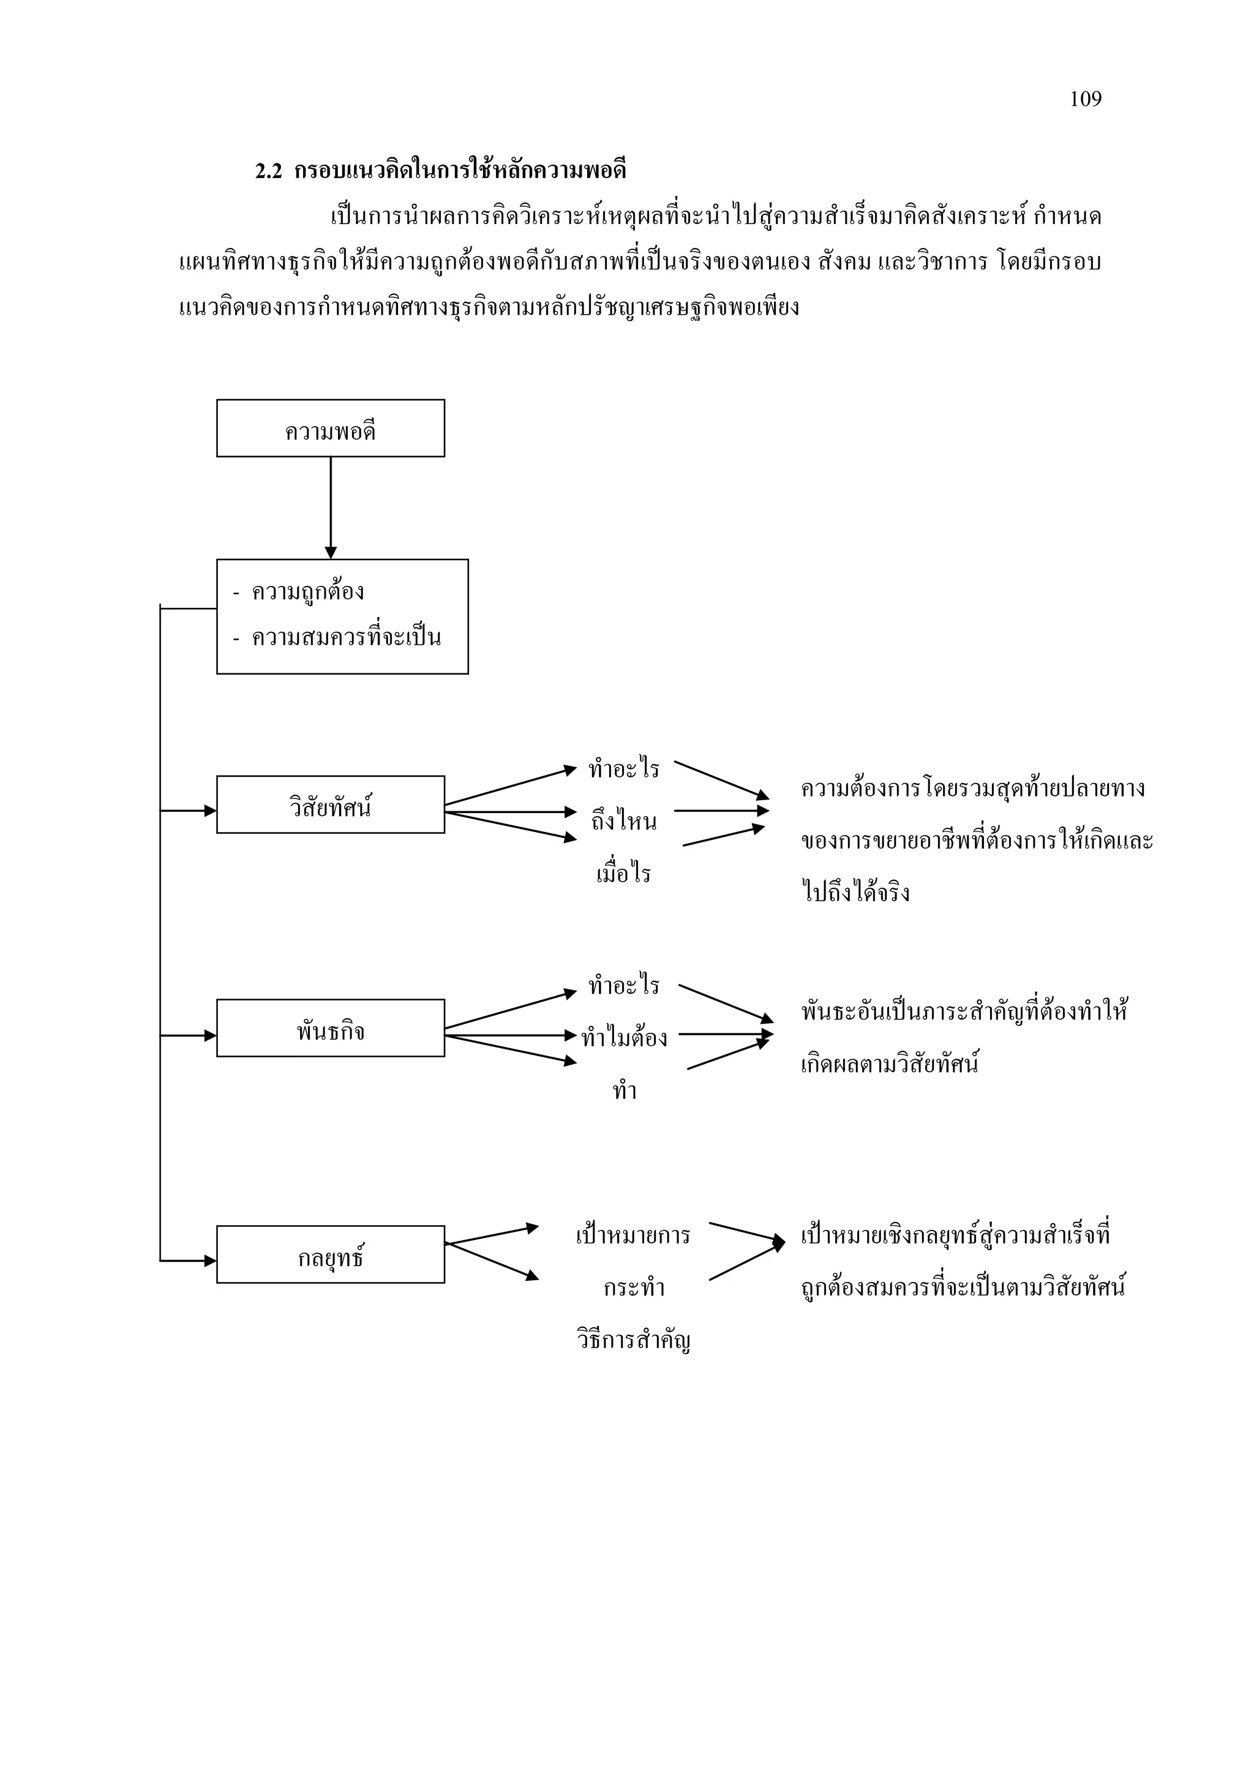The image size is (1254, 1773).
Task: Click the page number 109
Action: (x=1085, y=99)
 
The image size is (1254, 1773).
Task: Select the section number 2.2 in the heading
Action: (x=268, y=171)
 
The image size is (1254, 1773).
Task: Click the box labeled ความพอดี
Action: (x=331, y=429)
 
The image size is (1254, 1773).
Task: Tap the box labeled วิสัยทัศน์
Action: (x=331, y=804)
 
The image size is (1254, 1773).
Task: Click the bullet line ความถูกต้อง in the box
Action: (x=307, y=592)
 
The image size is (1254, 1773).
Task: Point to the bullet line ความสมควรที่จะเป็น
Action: (x=346, y=638)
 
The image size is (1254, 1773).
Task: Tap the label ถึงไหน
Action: (x=624, y=822)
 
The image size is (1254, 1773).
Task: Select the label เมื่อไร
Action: (x=624, y=874)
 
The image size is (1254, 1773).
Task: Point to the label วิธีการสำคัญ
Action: (x=633, y=1339)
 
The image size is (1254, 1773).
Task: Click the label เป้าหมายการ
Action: (x=633, y=1235)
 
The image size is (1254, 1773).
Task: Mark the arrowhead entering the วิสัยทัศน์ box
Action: (x=210, y=811)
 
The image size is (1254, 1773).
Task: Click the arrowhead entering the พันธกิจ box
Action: (x=210, y=1035)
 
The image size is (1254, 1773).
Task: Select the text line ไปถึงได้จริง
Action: (x=855, y=893)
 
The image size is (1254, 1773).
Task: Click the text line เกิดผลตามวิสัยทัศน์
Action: (x=890, y=1064)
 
